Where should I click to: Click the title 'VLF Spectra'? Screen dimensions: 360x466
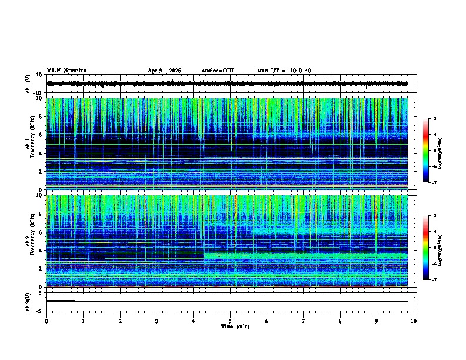(x=66, y=71)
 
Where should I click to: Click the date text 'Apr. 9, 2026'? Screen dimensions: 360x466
(x=164, y=71)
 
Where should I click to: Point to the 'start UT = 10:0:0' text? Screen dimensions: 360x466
(x=284, y=71)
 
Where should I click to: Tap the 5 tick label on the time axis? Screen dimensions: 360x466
(x=230, y=321)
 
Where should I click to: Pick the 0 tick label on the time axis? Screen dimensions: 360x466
(x=46, y=321)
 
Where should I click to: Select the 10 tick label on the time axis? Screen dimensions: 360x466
(x=414, y=321)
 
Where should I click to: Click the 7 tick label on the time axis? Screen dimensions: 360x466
(x=304, y=321)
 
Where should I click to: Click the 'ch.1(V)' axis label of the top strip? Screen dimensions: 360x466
(x=28, y=84)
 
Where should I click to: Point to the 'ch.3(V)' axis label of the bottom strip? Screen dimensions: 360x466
(x=28, y=301)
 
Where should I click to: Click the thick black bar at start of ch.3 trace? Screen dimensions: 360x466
(x=61, y=301)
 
